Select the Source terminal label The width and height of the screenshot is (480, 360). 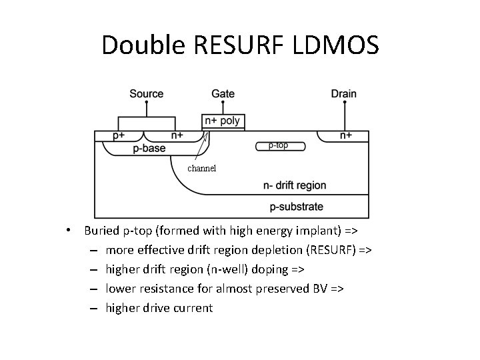pos(147,93)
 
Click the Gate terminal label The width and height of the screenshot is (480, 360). pos(223,93)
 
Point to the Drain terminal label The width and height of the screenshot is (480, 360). pos(344,93)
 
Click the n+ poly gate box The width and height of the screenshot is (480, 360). pos(223,121)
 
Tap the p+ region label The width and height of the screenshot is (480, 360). pos(119,136)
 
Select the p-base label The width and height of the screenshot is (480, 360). pos(149,148)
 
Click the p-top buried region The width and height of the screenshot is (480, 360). pos(280,145)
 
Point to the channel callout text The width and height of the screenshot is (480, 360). pos(201,169)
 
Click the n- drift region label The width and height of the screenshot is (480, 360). pos(295,185)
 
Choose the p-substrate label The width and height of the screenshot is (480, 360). pos(297,207)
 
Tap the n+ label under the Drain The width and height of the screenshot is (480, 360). pos(346,136)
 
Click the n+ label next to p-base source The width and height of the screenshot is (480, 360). pos(177,136)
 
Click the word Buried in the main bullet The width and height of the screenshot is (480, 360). pos(103,231)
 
